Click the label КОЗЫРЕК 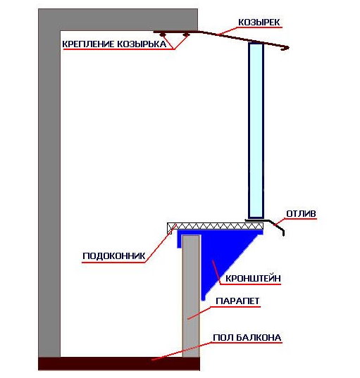[x=259, y=23]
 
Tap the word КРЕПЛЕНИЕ [x=88, y=44]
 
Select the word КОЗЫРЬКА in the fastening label [x=142, y=44]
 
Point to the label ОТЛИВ [x=301, y=213]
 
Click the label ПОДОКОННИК [x=114, y=256]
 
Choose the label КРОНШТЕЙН [x=253, y=279]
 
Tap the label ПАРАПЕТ [x=237, y=301]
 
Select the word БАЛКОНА [x=259, y=338]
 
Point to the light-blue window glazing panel [x=256, y=130]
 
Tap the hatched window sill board [x=216, y=226]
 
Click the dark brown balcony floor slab [x=119, y=363]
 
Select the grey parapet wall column [x=191, y=296]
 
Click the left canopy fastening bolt [x=163, y=34]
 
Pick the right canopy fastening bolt [x=186, y=34]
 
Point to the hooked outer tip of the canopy [x=286, y=49]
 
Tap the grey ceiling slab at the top [x=118, y=20]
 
